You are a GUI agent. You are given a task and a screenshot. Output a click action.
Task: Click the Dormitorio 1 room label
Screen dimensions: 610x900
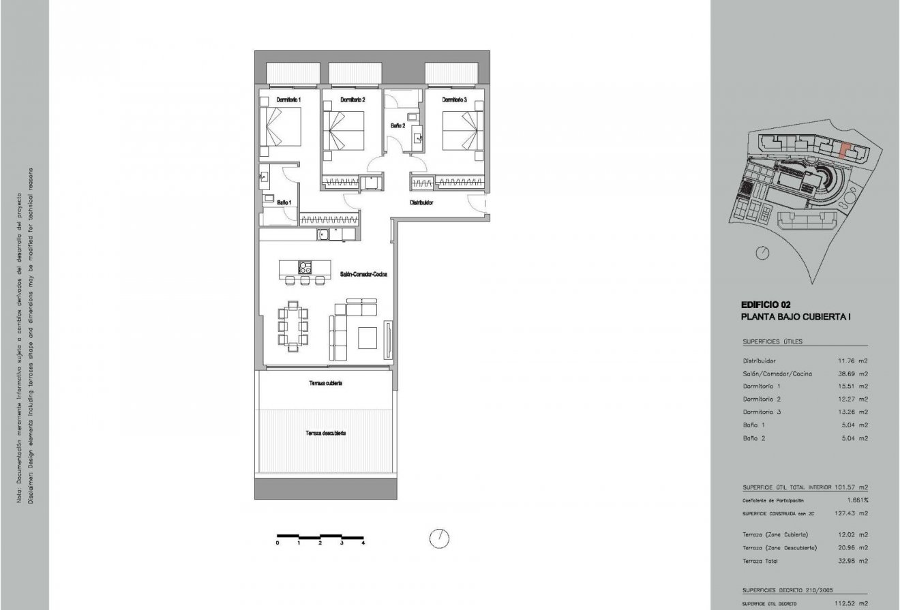point(288,100)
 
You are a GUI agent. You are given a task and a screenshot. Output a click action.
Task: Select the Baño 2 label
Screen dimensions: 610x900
point(397,125)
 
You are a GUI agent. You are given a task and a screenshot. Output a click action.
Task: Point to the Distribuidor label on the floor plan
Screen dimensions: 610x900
point(421,202)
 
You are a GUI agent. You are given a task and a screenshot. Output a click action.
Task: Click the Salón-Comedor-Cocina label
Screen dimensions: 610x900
point(364,274)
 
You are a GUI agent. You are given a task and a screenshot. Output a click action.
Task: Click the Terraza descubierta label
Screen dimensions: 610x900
point(325,433)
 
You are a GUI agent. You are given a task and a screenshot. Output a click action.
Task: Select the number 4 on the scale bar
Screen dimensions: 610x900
point(363,543)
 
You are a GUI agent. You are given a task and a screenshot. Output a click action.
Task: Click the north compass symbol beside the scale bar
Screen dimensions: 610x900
point(439,538)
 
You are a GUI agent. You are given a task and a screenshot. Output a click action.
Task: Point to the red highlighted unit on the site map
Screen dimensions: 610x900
point(845,150)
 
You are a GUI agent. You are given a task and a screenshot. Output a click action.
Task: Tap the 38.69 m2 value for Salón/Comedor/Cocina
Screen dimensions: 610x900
point(853,373)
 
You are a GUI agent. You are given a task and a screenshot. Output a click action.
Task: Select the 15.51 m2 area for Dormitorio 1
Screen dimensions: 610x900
point(853,386)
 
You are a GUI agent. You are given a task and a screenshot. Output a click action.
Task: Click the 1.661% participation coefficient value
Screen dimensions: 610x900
point(857,500)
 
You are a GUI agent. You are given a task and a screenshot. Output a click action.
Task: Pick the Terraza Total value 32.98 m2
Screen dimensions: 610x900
point(853,561)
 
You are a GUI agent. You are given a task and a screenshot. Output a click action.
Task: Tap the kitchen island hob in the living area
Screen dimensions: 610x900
point(305,267)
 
